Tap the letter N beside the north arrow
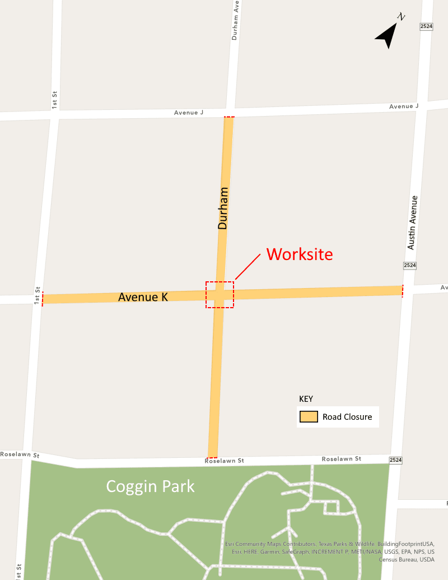click(x=401, y=17)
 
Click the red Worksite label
click(x=300, y=254)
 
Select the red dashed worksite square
click(x=220, y=294)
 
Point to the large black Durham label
click(x=223, y=208)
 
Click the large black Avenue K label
click(x=143, y=297)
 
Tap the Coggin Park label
click(x=151, y=486)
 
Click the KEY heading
click(x=306, y=399)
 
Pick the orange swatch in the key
click(x=309, y=417)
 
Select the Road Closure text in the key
click(x=347, y=417)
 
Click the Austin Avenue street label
click(x=412, y=222)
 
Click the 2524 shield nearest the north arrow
click(x=426, y=26)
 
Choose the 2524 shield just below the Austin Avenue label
click(x=410, y=265)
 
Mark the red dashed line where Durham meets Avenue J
click(x=229, y=117)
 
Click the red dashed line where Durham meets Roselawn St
click(x=213, y=457)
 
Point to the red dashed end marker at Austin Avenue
click(x=402, y=290)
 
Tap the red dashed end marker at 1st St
click(x=43, y=299)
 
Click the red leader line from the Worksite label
click(x=248, y=266)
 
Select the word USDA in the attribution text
click(x=427, y=559)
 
